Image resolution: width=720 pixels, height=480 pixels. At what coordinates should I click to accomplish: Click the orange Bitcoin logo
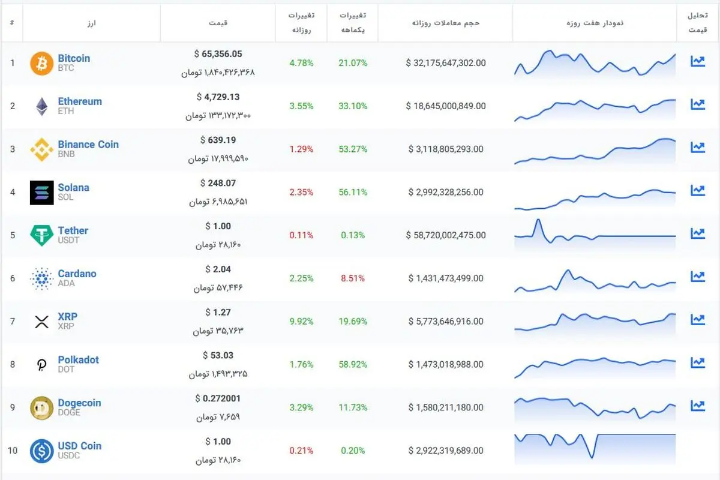[42, 64]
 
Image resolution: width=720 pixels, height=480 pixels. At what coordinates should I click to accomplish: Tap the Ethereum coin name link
[80, 101]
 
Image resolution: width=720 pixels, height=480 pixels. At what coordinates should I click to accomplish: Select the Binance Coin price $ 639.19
[218, 140]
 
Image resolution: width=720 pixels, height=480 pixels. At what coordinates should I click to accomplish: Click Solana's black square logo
[42, 193]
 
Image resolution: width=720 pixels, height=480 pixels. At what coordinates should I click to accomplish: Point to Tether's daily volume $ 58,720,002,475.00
[445, 235]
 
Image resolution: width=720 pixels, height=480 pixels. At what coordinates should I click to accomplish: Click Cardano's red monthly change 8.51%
[353, 278]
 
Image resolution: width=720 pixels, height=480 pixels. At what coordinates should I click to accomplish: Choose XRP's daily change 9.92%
[301, 321]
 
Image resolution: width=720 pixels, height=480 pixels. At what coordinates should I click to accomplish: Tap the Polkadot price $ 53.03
[218, 355]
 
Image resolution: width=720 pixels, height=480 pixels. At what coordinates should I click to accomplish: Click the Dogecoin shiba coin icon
[42, 408]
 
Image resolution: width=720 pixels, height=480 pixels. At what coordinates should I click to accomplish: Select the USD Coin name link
[79, 446]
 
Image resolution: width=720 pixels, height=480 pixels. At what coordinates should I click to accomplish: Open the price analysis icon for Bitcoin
[697, 61]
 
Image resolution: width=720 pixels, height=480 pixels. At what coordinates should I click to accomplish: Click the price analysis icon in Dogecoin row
[697, 406]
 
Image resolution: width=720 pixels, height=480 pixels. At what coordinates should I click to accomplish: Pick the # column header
[12, 23]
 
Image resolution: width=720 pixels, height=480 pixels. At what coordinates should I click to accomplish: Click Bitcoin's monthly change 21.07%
[353, 62]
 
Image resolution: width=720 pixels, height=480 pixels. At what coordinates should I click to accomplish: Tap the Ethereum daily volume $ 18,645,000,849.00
[445, 106]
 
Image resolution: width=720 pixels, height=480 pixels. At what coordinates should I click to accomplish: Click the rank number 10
[13, 451]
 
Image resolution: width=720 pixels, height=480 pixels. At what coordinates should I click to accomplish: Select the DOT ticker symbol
[66, 370]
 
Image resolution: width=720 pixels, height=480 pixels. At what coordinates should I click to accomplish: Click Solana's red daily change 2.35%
[301, 192]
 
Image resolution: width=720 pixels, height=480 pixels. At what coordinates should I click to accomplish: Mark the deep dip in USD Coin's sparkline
[592, 457]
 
